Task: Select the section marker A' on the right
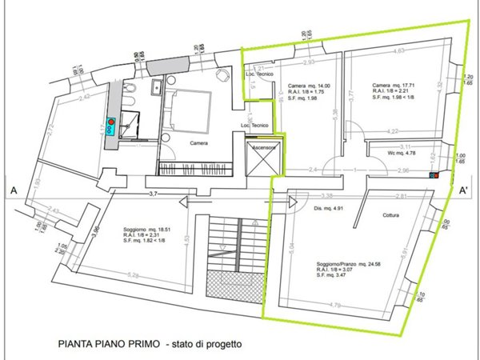click(x=463, y=190)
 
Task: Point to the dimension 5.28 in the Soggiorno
click(x=134, y=276)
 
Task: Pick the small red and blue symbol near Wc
click(x=434, y=175)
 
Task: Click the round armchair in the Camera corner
click(x=222, y=74)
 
